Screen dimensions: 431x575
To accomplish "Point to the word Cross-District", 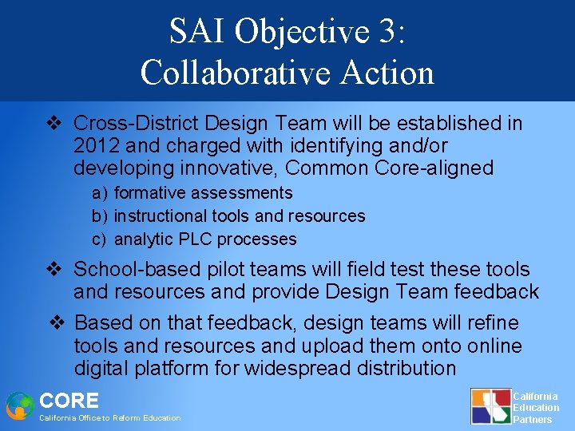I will click(136, 124).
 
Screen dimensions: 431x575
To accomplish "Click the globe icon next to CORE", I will click(19, 405).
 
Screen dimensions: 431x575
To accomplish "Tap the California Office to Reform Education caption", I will click(110, 418).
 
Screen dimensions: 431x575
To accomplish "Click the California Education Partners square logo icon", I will click(490, 406).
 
